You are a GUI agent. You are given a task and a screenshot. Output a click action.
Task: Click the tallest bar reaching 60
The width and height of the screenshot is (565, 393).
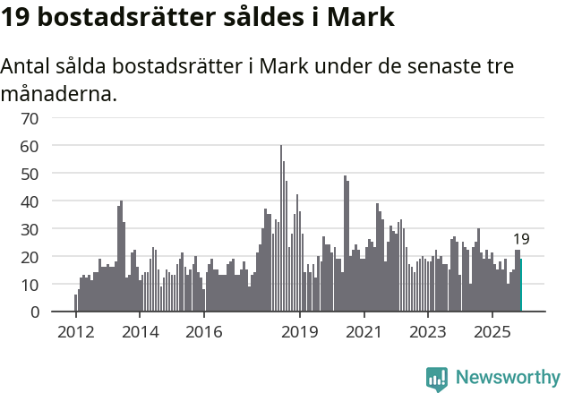[281, 228]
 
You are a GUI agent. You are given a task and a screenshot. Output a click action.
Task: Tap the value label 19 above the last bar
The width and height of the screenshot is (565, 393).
[521, 239]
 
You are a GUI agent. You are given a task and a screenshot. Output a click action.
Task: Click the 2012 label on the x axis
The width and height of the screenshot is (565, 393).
[75, 332]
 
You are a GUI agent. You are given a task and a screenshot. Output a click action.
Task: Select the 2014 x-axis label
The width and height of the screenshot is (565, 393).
[140, 332]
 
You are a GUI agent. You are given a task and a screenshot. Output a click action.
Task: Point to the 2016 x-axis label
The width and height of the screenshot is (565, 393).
[203, 332]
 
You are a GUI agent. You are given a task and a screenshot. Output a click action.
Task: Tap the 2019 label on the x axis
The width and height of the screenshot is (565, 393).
[300, 332]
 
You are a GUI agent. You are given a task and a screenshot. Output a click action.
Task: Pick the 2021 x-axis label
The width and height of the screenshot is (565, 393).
[364, 332]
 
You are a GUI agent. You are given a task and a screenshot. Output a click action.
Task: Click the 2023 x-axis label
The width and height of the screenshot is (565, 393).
[428, 332]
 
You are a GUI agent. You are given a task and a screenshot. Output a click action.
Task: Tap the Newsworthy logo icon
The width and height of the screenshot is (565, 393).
[437, 379]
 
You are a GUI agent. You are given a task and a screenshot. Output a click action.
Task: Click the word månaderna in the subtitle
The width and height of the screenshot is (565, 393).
[59, 92]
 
